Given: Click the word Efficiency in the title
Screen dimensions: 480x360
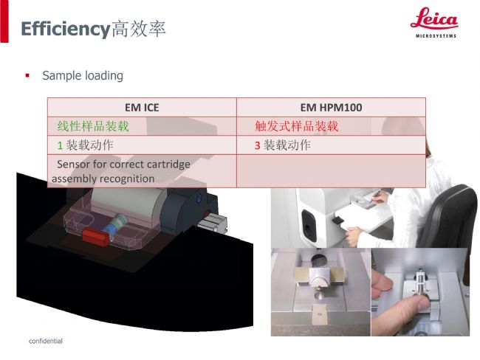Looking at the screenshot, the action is tap(66, 30).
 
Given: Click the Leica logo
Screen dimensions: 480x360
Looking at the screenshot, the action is tap(434, 22).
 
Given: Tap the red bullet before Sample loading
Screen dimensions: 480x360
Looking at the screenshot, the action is tap(27, 75).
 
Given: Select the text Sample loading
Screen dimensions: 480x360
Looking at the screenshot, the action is tap(83, 75).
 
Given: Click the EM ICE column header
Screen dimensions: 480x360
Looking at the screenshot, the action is tap(142, 108).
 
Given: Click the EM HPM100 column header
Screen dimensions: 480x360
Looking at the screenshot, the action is tap(331, 108).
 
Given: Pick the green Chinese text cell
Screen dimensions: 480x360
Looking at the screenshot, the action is tap(93, 126).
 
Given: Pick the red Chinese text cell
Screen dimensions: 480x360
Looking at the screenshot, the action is tap(296, 126).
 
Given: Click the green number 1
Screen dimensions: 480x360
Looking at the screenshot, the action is tap(60, 145).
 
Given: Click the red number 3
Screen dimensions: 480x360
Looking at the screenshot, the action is tap(258, 145).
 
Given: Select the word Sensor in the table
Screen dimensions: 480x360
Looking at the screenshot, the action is tap(73, 165).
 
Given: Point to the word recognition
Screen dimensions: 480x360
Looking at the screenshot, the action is tap(127, 179).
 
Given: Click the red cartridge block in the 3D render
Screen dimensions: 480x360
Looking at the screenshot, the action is tap(95, 236).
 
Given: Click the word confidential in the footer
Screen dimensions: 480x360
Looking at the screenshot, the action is tap(46, 341).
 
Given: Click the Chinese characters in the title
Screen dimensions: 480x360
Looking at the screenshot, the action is tap(139, 30).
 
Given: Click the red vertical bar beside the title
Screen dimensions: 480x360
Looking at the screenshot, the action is tap(4, 21).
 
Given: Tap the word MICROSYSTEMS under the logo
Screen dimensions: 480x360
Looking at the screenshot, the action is tap(436, 36).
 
